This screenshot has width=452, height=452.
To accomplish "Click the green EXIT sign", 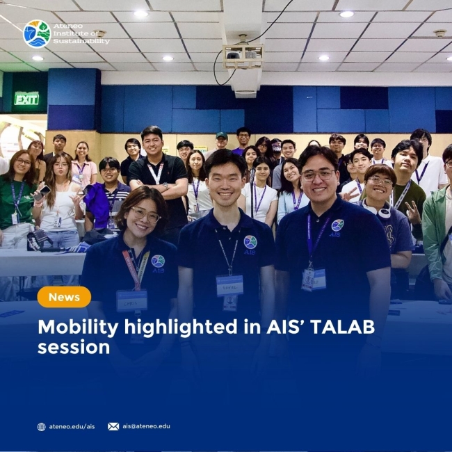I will point(26,99).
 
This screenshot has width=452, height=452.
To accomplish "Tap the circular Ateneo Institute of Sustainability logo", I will point(36,34).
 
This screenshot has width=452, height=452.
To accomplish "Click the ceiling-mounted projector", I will point(243,55).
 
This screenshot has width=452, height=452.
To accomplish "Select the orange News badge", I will point(64,297).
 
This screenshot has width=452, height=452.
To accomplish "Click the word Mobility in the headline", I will point(74,327).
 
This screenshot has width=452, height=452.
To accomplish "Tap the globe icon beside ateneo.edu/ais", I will point(42,426).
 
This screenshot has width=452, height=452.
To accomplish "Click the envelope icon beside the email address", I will point(113,426).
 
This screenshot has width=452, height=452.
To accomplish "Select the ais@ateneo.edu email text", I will point(146,426).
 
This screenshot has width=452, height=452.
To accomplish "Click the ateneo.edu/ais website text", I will point(72,426).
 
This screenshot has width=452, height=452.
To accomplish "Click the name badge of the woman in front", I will point(131,300).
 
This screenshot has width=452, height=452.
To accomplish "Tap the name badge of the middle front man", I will point(229,285).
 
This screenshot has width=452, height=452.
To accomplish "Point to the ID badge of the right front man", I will point(314,278).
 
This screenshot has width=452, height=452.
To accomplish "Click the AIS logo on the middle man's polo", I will point(250,243).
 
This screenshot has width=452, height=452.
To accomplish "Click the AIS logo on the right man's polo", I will point(337,226).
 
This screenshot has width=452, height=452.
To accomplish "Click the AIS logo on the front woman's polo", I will point(158,261).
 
